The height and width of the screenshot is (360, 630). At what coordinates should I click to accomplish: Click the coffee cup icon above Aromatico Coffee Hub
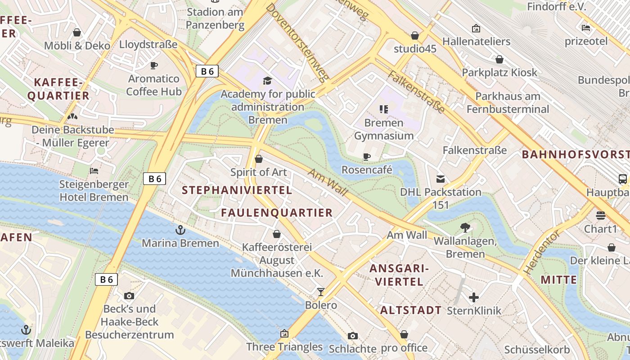click(154, 66)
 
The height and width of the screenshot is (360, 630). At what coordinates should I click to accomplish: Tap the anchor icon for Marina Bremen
click(180, 230)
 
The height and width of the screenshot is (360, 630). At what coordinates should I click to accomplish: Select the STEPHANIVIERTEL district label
click(237, 190)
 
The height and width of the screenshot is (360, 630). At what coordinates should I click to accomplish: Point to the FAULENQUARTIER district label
click(277, 213)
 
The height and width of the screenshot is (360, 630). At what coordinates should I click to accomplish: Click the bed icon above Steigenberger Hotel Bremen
click(94, 171)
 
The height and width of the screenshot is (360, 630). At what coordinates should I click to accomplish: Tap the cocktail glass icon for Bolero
click(320, 292)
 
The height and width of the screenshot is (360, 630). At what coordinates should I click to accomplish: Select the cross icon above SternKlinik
click(473, 297)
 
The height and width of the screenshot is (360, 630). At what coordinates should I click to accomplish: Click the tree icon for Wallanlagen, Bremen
click(465, 228)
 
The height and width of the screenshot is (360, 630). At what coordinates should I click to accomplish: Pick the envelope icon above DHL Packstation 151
click(441, 179)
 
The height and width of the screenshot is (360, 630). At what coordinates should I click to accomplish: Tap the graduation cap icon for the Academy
click(268, 81)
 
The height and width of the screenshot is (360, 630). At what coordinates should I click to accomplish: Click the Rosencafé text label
click(367, 170)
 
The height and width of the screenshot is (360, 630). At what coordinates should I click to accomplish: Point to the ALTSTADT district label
click(411, 310)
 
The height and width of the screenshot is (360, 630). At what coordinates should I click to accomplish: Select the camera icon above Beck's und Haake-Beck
click(129, 296)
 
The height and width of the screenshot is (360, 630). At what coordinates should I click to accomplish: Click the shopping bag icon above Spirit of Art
click(259, 159)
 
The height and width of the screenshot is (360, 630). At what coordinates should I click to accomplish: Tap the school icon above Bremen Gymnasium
click(383, 109)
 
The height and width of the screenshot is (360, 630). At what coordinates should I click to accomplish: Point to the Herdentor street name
click(542, 252)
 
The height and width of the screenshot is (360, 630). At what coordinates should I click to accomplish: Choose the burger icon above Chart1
click(600, 216)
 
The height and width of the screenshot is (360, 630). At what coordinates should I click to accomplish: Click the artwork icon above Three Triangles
click(284, 333)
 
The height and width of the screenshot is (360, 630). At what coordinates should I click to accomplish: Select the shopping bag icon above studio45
click(415, 35)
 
